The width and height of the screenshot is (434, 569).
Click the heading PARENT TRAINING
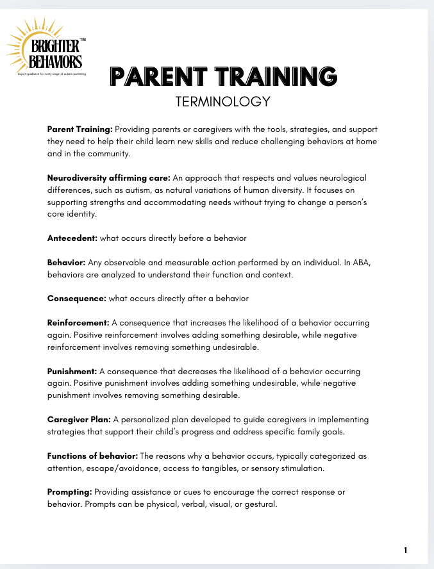coord(224,76)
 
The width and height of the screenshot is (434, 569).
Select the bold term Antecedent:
coord(72,238)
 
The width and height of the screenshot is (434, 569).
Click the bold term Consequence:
coord(77,298)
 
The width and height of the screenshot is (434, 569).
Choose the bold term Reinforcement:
coord(79,323)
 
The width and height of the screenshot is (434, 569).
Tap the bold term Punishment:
coord(72,371)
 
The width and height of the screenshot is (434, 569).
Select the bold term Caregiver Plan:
coord(79,420)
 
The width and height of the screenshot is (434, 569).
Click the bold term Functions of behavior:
coord(92,456)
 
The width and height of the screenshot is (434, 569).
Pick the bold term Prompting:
coord(70,491)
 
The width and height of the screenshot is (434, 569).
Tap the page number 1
coord(405,550)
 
